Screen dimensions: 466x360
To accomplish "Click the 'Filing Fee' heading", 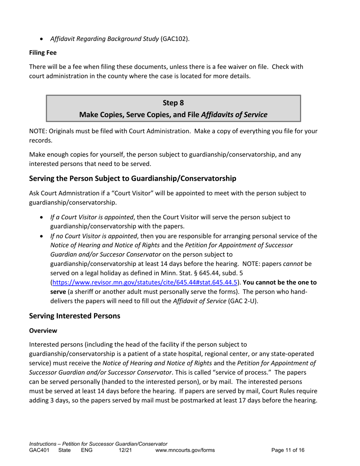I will point(43,53).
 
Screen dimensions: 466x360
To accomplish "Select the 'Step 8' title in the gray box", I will point(173,103).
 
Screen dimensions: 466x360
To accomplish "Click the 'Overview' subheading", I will point(43,330).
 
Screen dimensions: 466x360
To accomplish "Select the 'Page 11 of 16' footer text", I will point(288,450).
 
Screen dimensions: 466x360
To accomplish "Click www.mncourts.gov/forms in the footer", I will point(185,450).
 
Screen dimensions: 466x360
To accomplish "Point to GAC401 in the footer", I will point(39,450).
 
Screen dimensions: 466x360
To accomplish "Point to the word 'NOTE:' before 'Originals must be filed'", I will point(38,131).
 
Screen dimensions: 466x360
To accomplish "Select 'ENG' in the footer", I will point(87,450).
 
